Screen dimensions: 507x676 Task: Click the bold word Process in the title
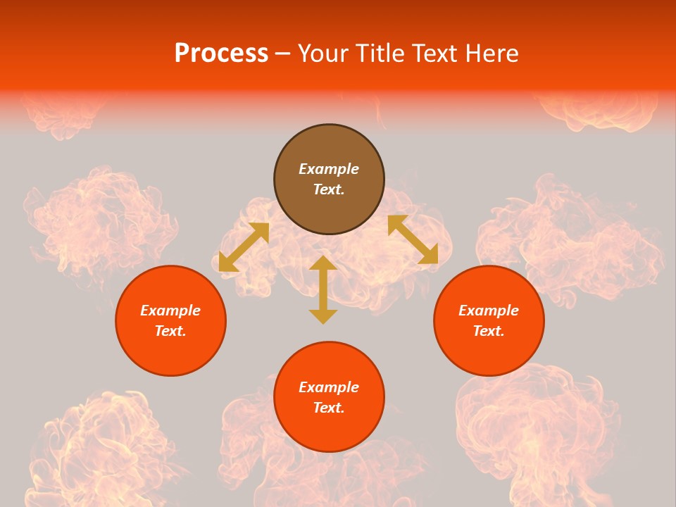click(x=221, y=54)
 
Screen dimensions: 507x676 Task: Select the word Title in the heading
click(x=383, y=54)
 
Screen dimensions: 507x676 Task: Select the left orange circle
click(x=170, y=345)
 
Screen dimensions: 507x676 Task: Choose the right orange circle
click(x=489, y=345)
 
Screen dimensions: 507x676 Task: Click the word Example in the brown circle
click(x=329, y=169)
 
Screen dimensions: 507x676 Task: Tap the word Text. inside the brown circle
click(x=329, y=189)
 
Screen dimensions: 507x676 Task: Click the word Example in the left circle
click(x=170, y=311)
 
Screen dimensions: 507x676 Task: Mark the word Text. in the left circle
click(x=170, y=331)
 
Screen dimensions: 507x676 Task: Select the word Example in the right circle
click(x=489, y=311)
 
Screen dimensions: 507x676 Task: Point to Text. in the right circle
click(x=489, y=331)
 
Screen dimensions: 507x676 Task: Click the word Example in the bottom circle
click(x=329, y=387)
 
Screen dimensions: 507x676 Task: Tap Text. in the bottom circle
click(x=329, y=408)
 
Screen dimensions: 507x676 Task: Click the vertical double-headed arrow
click(x=323, y=289)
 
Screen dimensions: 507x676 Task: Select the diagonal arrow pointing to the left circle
click(x=244, y=246)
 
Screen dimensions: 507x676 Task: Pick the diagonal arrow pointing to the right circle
click(x=413, y=239)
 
